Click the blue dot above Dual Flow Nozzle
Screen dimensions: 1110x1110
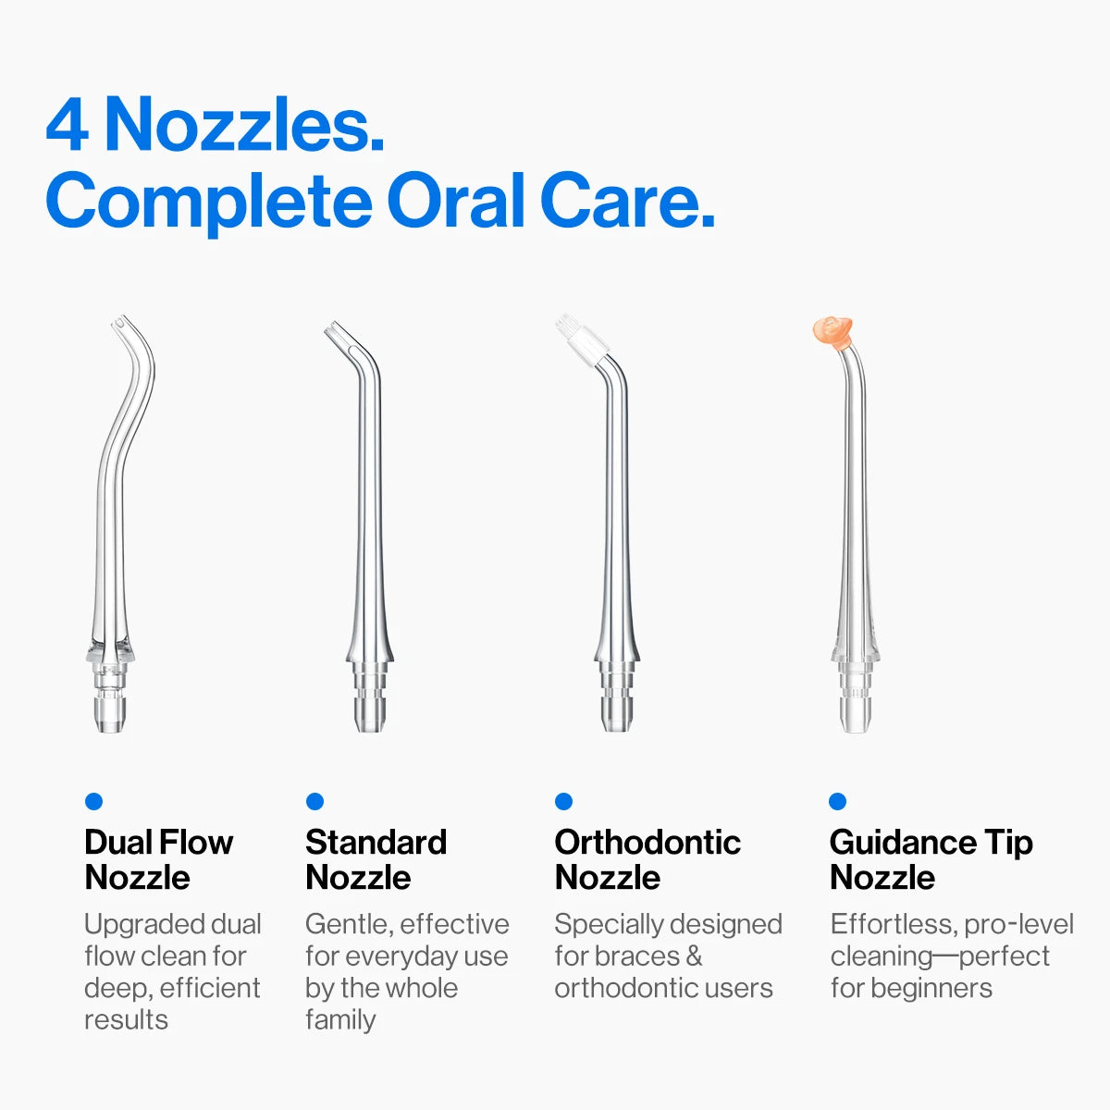click(x=93, y=801)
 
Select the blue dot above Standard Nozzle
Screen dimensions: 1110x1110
click(x=314, y=801)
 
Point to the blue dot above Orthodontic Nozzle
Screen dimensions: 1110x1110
click(x=563, y=801)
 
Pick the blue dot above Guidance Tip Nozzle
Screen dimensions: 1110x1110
click(x=837, y=801)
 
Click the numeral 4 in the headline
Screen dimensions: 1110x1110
click(x=68, y=126)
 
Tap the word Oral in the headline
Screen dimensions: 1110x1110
click(x=456, y=201)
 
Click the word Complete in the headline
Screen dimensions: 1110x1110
click(x=209, y=205)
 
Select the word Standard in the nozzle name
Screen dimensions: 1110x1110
click(x=376, y=843)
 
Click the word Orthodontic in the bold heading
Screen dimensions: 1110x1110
click(x=647, y=843)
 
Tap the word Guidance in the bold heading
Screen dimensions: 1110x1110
click(x=903, y=843)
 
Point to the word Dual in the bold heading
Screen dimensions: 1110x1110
click(x=117, y=843)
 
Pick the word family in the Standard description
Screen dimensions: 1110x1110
click(x=340, y=1020)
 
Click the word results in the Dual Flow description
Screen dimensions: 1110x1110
click(x=126, y=1020)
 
